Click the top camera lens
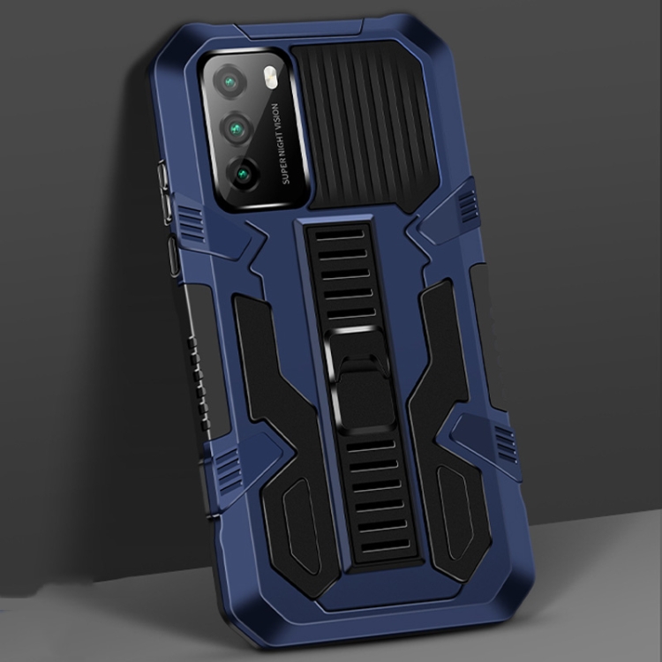tap(232, 83)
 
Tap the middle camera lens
tap(238, 129)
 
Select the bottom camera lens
tap(244, 172)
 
